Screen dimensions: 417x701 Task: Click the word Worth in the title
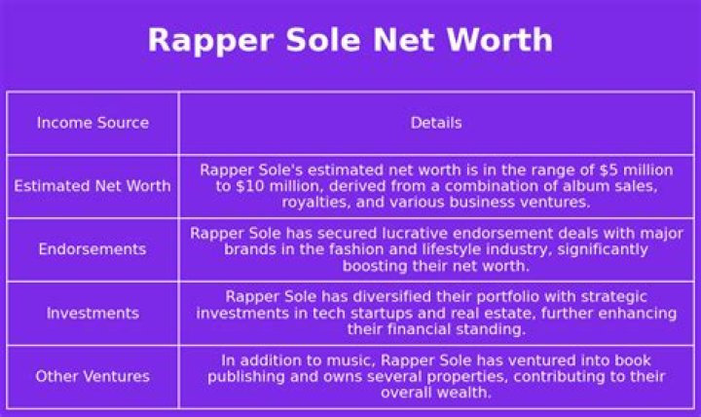point(501,40)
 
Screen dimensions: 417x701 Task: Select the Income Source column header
point(92,123)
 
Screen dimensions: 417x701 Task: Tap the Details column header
point(436,123)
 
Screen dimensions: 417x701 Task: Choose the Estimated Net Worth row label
point(92,186)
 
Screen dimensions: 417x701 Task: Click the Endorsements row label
point(92,249)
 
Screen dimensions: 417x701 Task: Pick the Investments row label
point(92,313)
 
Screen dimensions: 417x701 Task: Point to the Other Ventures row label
point(92,376)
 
